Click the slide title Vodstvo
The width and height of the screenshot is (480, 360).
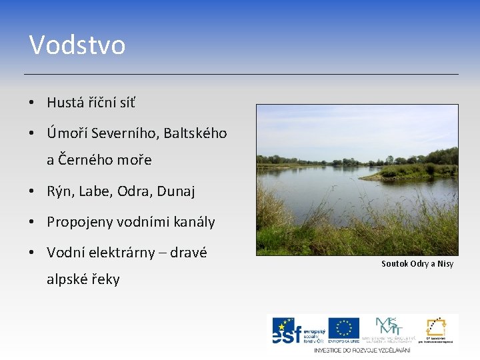point(77,45)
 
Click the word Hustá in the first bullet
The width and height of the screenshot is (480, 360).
point(65,103)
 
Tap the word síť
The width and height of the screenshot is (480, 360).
point(127,103)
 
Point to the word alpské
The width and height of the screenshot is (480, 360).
point(66,279)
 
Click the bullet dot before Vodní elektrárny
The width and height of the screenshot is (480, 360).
point(32,253)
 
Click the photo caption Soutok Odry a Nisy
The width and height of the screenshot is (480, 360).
point(417,264)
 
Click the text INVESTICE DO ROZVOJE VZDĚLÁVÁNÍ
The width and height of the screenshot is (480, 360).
point(363,349)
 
